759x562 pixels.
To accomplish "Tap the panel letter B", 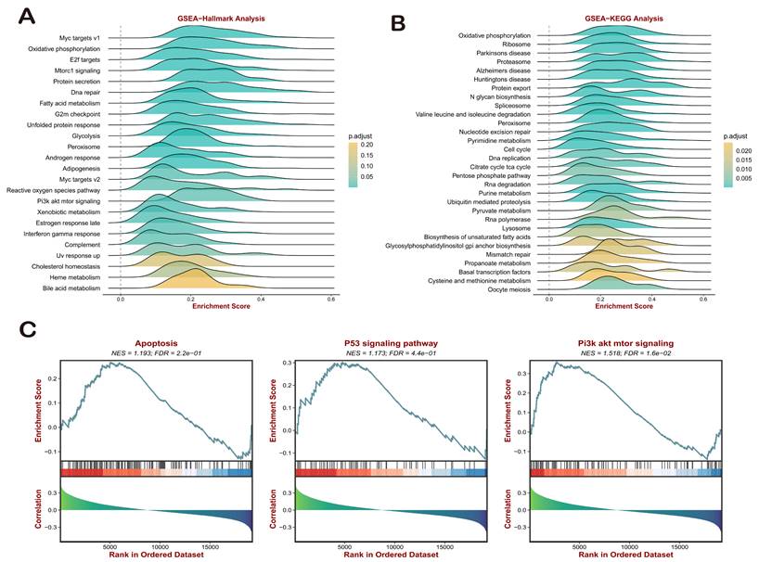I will point(399,20).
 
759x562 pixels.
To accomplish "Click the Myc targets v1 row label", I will point(78,37).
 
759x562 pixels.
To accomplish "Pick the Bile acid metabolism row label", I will point(73,287).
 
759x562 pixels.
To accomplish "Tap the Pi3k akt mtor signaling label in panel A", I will point(70,200).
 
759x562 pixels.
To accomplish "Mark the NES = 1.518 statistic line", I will point(626,353).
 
